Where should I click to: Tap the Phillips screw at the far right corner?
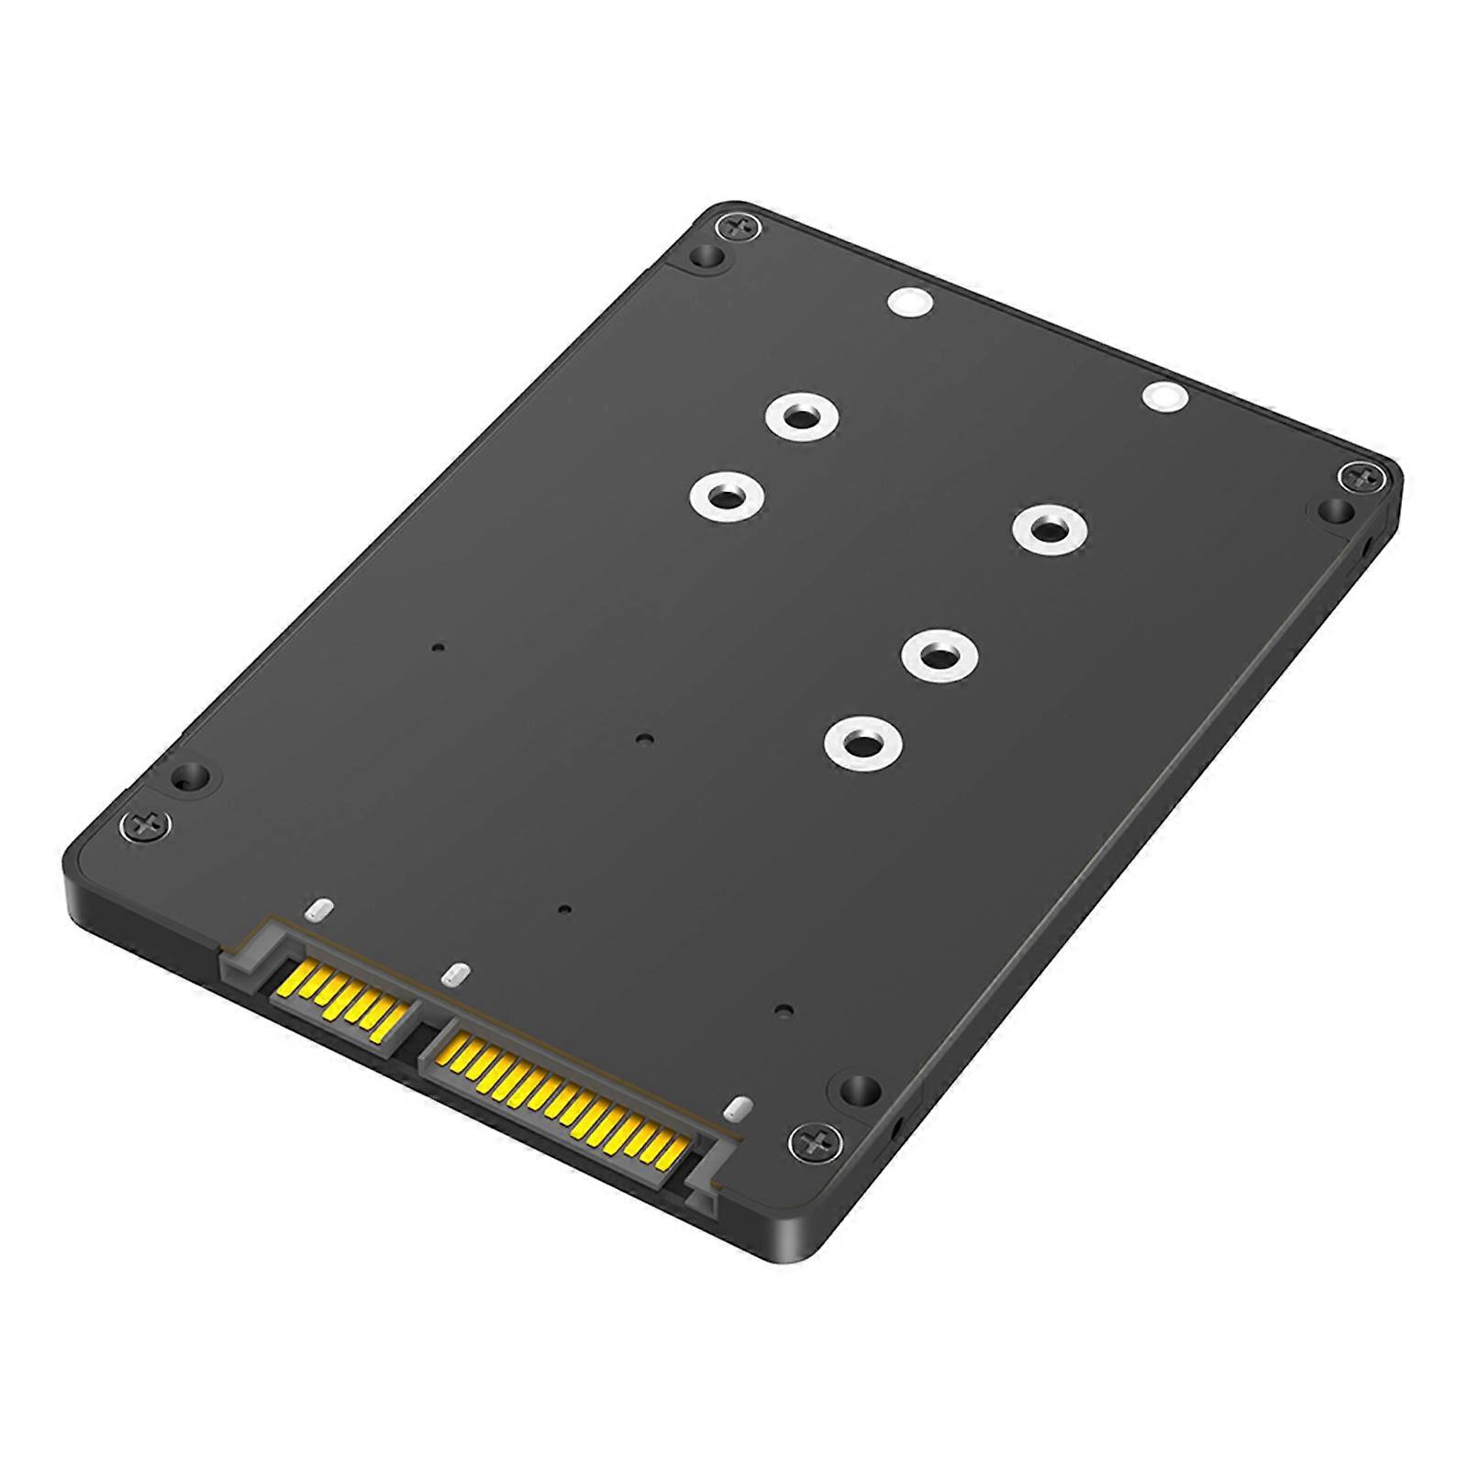click(1357, 476)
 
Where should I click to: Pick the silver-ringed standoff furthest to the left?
click(728, 497)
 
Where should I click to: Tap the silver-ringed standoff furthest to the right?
click(1050, 529)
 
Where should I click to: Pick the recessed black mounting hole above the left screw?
click(193, 776)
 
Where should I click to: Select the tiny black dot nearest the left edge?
click(438, 648)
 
